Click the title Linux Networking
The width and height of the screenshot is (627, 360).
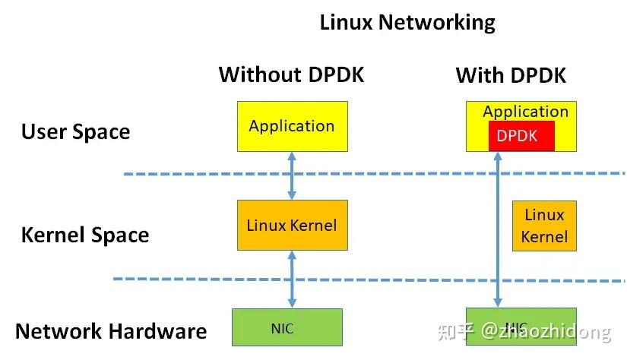point(407,22)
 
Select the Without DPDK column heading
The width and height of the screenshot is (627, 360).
point(291,74)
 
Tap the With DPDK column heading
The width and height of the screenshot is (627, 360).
point(511,75)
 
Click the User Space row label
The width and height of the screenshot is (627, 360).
point(75,131)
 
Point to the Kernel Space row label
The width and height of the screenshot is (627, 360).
point(84,235)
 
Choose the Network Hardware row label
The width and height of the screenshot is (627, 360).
point(111,331)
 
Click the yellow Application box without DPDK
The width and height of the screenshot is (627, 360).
point(292,126)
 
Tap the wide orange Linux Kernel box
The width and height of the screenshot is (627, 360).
point(292,225)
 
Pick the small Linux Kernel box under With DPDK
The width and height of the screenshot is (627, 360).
point(543,226)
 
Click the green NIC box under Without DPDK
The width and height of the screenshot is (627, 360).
point(287,328)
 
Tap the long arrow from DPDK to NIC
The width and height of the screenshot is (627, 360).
point(498,228)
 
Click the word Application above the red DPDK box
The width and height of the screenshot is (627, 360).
point(525,112)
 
